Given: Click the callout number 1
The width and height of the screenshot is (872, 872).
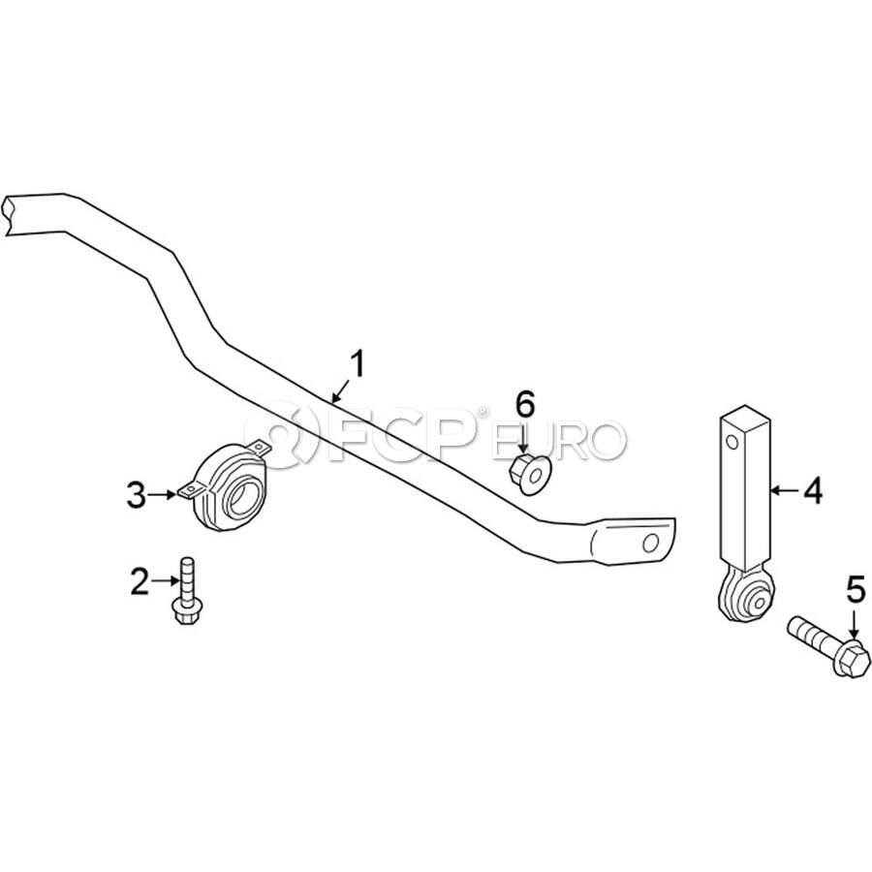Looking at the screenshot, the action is (357, 363).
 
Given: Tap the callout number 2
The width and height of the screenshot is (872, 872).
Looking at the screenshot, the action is (140, 581).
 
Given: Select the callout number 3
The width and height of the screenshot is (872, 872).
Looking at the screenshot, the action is (137, 495).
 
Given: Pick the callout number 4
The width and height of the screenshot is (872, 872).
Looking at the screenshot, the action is (814, 491).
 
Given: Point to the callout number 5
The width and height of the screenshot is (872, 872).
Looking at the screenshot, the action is (856, 590).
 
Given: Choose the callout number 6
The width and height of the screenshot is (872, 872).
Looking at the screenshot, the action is (525, 404).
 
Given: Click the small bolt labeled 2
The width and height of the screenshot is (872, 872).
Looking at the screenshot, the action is (187, 591).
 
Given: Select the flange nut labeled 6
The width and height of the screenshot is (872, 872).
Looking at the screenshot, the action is (529, 475).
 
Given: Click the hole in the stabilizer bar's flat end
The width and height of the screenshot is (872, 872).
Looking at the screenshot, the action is (651, 543).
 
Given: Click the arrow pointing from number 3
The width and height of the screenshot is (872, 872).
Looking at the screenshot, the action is (163, 495).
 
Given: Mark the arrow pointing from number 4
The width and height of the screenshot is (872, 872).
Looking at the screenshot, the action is (786, 490).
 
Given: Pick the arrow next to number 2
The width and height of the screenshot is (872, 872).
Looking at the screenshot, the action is (165, 581).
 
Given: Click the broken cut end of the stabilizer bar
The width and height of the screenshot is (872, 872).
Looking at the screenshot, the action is (8, 214).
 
